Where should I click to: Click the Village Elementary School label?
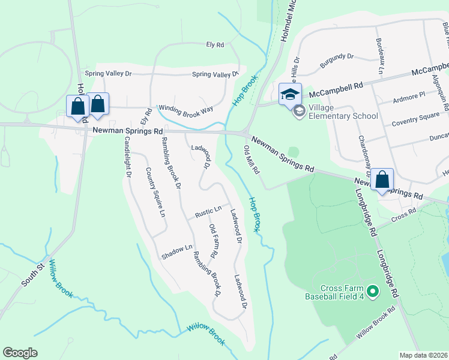343,112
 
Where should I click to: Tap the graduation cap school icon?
290,94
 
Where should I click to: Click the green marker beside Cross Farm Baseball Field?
373,292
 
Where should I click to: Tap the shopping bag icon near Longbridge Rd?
382,179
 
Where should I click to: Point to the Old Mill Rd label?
252,159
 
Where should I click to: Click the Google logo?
20,353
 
